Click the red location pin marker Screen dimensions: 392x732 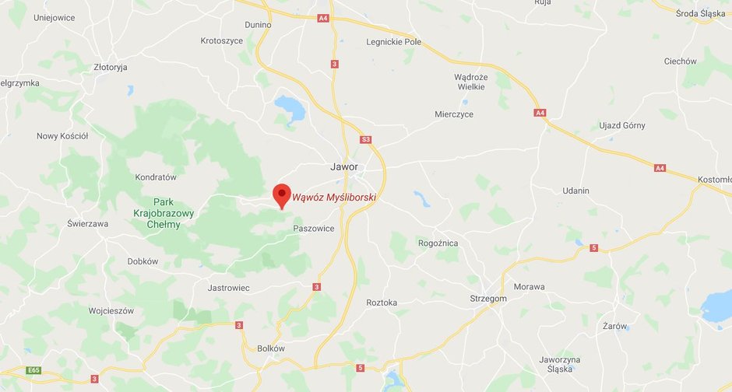(281, 194)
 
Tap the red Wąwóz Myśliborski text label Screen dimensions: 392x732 (334, 198)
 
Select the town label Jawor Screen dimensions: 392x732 (343, 166)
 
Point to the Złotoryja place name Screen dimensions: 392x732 (110, 67)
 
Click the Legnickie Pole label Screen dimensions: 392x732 (393, 41)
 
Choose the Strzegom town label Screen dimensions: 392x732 (488, 298)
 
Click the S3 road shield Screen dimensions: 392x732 (366, 139)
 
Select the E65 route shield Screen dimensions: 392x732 (32, 370)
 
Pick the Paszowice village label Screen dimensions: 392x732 (313, 228)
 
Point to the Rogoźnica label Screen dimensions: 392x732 (438, 243)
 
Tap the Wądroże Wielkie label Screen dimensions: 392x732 (470, 82)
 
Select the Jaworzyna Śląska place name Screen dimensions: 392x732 (560, 364)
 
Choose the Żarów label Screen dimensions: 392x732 (614, 326)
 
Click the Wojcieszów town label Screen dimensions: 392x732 (111, 310)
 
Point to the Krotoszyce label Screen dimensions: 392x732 (222, 40)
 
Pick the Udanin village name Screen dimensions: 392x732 (575, 191)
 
